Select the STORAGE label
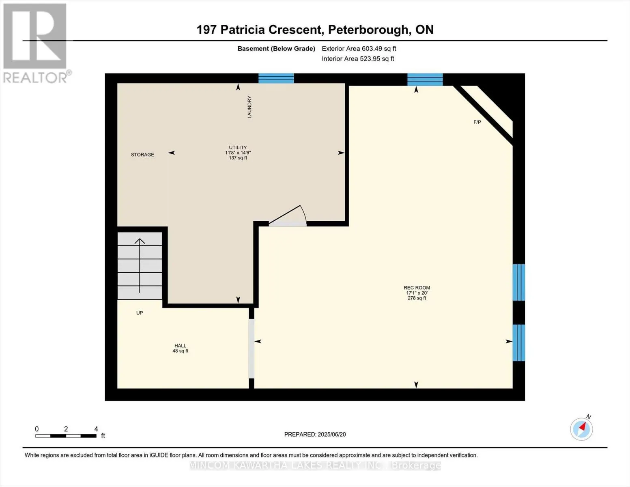(x=142, y=155)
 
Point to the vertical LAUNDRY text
(x=249, y=107)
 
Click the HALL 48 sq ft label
(x=181, y=348)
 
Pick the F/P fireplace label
(x=477, y=122)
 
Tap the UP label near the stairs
(x=140, y=313)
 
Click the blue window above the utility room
(x=276, y=78)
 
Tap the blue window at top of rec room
(x=425, y=79)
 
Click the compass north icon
(x=582, y=429)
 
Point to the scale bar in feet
(x=66, y=435)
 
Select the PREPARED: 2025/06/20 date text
(x=315, y=434)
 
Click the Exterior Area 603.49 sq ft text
(x=359, y=48)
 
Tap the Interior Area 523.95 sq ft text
(x=358, y=58)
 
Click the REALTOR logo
(x=35, y=43)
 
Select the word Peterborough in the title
(x=368, y=30)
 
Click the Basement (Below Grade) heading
(x=276, y=48)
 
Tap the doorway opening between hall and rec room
(x=252, y=349)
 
